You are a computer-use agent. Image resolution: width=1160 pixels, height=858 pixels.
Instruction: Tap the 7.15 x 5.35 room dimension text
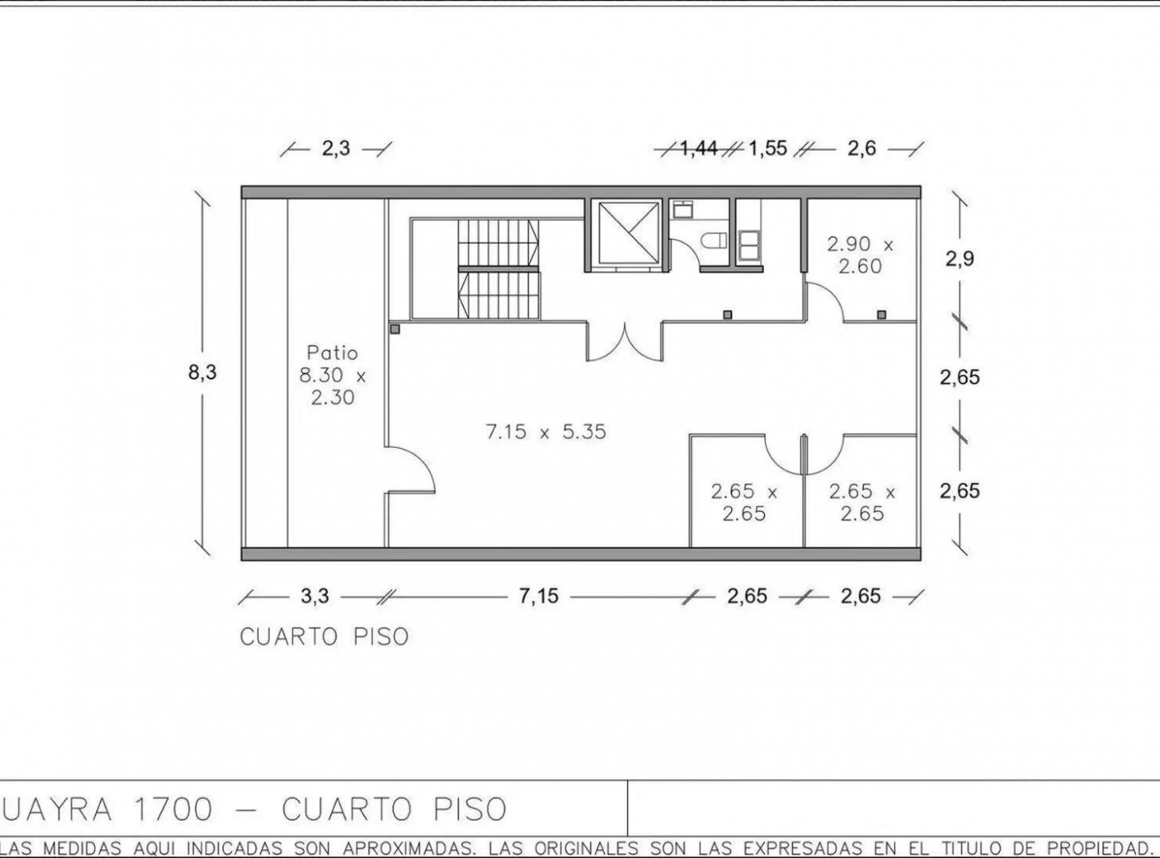point(545,431)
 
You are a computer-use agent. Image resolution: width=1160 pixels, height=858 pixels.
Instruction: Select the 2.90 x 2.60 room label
point(860,255)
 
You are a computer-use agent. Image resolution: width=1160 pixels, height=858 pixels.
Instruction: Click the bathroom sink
point(683,211)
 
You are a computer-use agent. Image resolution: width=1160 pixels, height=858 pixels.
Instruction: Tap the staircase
point(498,269)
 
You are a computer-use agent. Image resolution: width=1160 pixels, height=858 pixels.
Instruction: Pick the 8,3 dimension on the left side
point(202,372)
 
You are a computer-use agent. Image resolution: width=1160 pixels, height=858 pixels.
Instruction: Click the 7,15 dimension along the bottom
point(539,596)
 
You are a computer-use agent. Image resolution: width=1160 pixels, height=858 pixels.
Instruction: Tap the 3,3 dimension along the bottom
point(314,596)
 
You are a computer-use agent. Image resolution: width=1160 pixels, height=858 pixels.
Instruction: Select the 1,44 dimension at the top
point(699,149)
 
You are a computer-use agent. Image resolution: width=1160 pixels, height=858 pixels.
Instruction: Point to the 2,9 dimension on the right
point(959,258)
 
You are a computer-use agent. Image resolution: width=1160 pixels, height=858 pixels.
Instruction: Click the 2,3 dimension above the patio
point(336,149)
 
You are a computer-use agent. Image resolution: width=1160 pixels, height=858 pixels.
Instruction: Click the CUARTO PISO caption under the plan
point(325,636)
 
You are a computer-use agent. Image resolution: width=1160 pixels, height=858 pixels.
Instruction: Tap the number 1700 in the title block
point(174,810)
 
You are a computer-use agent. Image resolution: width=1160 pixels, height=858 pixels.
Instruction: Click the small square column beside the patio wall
point(395,328)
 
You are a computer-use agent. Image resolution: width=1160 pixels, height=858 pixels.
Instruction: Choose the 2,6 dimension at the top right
point(861,149)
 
